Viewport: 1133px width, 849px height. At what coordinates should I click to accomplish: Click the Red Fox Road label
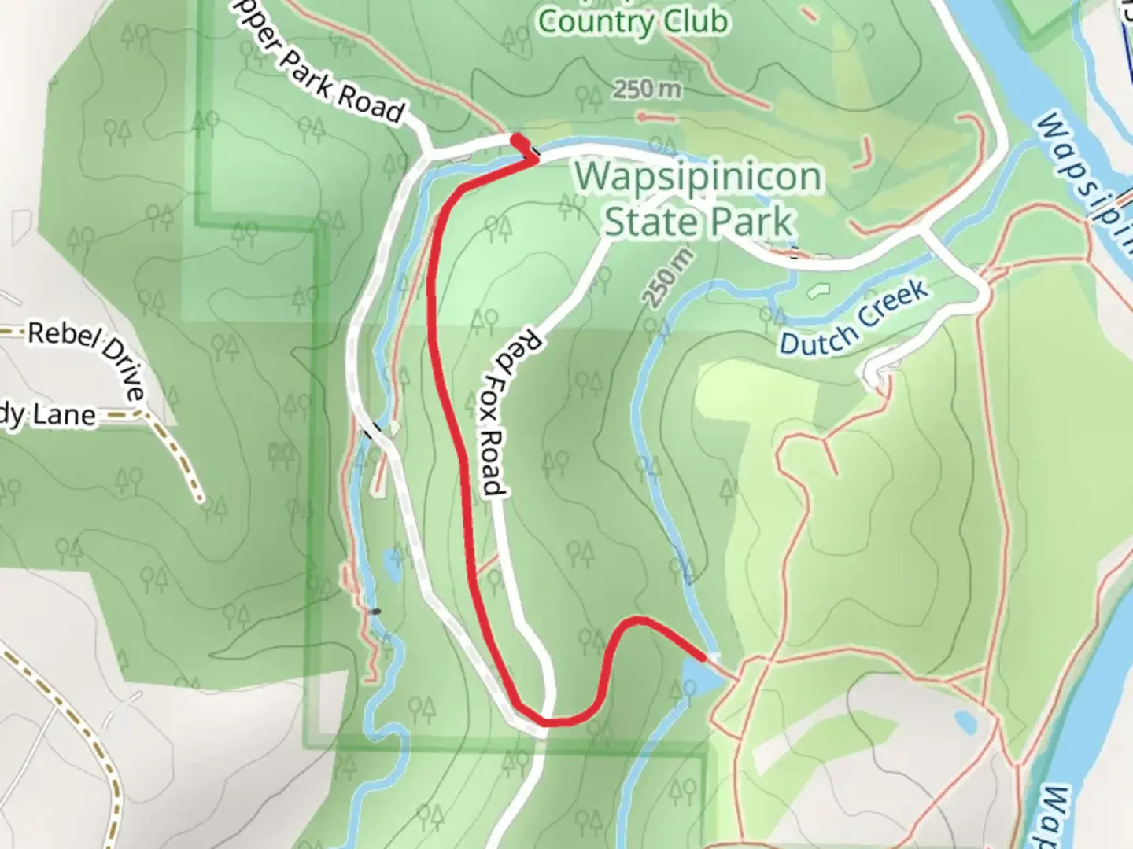click(504, 413)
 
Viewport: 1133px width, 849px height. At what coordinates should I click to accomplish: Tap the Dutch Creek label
click(854, 318)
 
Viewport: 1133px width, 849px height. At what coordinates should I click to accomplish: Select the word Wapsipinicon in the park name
click(699, 177)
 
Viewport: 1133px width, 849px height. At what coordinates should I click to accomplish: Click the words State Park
click(699, 222)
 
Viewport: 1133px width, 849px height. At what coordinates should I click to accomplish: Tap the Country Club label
click(633, 21)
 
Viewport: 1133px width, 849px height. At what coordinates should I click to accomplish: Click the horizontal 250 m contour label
click(647, 90)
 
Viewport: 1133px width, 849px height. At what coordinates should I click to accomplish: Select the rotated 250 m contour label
click(668, 277)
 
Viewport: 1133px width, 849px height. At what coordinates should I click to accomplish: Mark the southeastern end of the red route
click(703, 654)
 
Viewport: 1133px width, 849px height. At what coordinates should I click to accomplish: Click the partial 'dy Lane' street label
click(47, 416)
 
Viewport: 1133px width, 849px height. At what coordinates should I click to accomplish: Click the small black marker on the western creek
click(375, 611)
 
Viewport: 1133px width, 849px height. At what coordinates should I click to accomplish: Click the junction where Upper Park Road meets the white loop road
click(426, 152)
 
